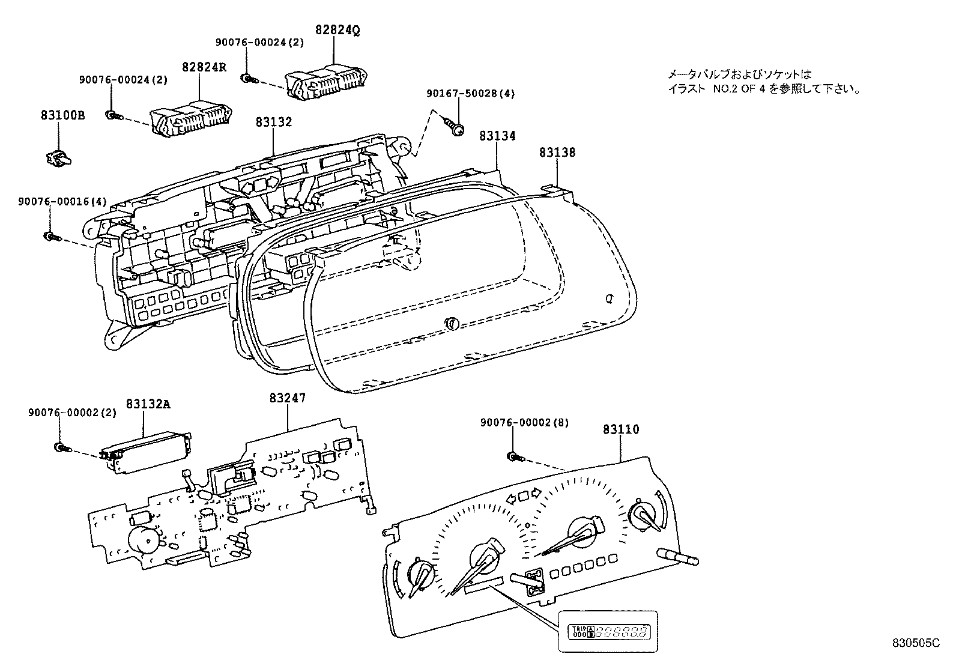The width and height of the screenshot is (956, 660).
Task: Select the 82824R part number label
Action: click(204, 67)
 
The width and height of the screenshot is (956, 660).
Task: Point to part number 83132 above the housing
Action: click(273, 122)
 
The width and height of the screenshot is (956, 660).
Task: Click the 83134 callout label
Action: click(497, 136)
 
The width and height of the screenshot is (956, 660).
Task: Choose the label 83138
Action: click(557, 153)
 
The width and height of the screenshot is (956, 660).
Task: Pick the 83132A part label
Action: click(148, 404)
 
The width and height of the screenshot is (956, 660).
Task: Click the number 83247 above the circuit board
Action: click(287, 397)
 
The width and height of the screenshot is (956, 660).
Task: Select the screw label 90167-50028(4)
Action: click(471, 93)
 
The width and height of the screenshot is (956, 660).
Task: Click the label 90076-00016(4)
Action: click(62, 202)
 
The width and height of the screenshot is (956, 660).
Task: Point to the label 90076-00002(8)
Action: click(524, 423)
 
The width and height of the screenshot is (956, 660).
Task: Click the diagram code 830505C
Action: click(915, 643)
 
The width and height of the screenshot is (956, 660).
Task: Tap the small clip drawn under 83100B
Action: click(58, 158)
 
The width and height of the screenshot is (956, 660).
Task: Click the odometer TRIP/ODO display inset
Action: click(608, 631)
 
